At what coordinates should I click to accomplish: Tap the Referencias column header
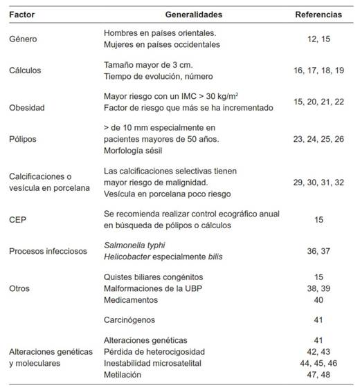pyautogui.click(x=318, y=14)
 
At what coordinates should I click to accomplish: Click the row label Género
pyautogui.click(x=22, y=39)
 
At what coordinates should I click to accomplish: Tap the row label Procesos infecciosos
pyautogui.click(x=46, y=250)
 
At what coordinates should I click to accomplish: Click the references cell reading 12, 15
pyautogui.click(x=318, y=39)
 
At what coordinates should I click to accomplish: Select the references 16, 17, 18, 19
pyautogui.click(x=318, y=70)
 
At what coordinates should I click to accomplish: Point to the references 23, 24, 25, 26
pyautogui.click(x=318, y=139)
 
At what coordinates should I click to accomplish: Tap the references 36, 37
pyautogui.click(x=318, y=250)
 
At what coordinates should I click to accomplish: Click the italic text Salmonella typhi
pyautogui.click(x=136, y=244)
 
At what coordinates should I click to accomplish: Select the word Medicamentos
pyautogui.click(x=132, y=300)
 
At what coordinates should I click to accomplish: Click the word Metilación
pyautogui.click(x=125, y=374)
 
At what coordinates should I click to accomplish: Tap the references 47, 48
pyautogui.click(x=318, y=374)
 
